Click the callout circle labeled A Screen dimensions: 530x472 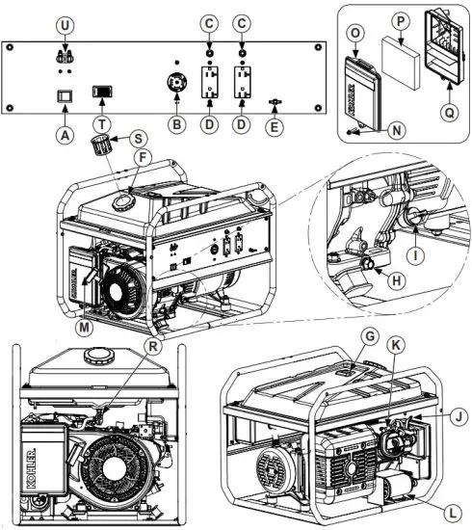[65, 136]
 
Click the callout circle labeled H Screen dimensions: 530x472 [393, 279]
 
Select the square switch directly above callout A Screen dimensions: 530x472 [65, 96]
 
